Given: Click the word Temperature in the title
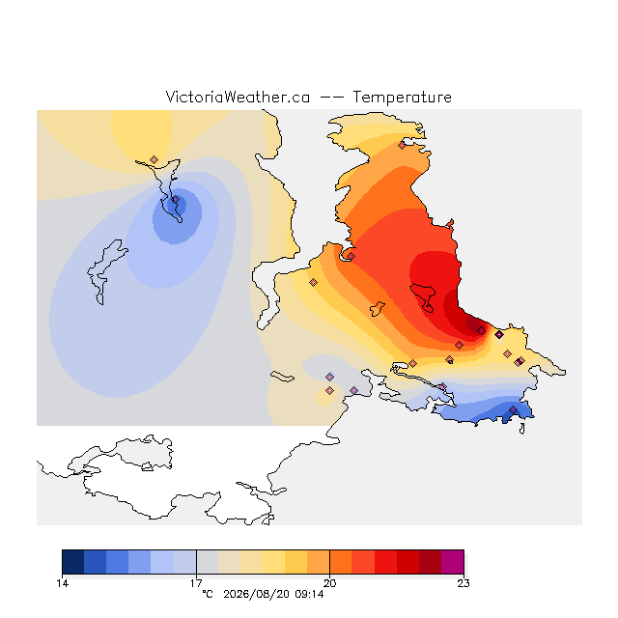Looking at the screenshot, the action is [402, 97].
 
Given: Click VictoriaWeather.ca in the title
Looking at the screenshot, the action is [238, 97].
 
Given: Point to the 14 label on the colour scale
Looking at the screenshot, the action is [62, 583].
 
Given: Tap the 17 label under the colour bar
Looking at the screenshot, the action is [196, 583].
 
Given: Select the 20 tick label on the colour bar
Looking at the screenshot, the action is [329, 583].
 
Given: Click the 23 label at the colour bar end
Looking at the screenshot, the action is [463, 583].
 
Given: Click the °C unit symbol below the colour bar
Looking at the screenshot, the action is [208, 594].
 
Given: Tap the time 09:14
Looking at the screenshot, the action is [309, 594].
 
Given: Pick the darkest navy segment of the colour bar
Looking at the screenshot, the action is [73, 562].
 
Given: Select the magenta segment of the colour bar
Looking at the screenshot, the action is [453, 562].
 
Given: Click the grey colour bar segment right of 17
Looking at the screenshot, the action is [208, 562].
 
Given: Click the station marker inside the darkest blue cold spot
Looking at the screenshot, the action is [176, 200].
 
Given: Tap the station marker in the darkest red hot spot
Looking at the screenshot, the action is [481, 330].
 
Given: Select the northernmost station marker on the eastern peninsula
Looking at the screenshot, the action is [402, 146].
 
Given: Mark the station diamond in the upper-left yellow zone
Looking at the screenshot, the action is [154, 159].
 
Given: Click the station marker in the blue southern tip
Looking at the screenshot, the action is [513, 410].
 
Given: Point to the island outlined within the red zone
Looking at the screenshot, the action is [423, 296].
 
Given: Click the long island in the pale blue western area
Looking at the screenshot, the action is [105, 271].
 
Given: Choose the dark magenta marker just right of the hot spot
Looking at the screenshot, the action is [499, 335].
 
